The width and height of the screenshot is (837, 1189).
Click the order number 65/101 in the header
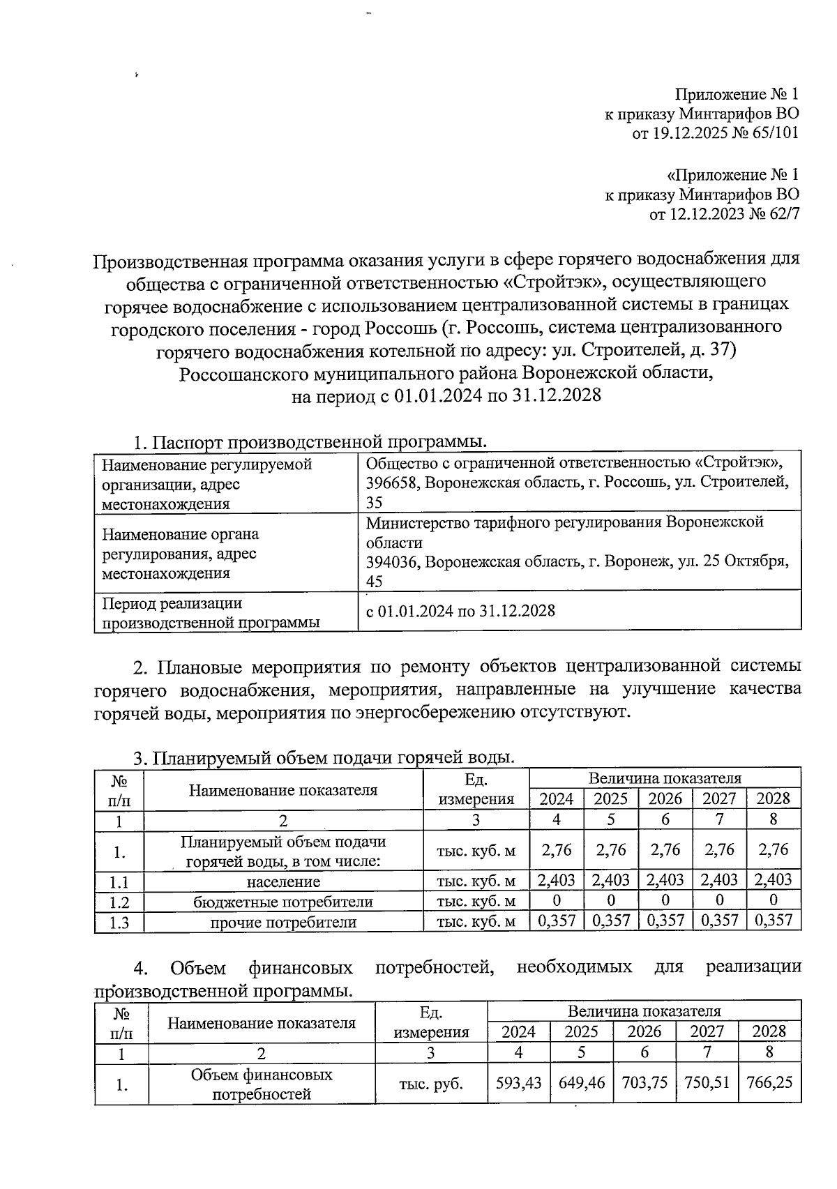[773, 133]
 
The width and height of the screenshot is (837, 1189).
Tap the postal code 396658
[392, 483]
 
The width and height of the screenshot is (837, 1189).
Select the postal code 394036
[392, 562]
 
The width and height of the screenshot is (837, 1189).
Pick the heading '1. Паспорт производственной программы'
[310, 442]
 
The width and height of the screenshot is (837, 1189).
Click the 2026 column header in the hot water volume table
[665, 799]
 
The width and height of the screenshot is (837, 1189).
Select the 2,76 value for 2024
[556, 850]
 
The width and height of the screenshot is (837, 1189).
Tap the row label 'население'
[283, 881]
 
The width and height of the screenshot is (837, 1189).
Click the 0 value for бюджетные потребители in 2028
[773, 901]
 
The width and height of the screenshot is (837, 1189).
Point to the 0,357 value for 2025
[610, 921]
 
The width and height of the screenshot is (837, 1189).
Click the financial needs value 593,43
[518, 1084]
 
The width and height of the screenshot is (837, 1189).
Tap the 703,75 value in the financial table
[644, 1084]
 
